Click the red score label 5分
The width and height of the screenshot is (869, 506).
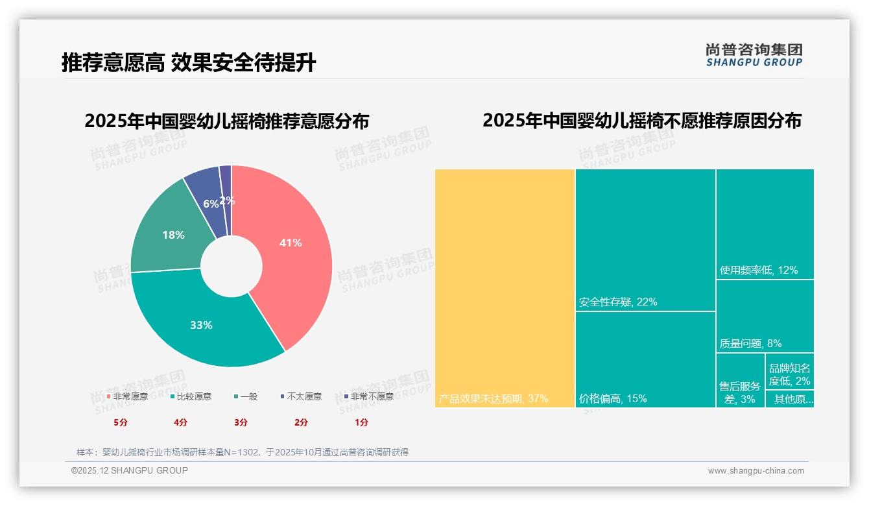[121, 422]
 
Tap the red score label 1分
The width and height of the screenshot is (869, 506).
[361, 422]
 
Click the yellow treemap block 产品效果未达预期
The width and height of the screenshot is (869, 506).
[505, 289]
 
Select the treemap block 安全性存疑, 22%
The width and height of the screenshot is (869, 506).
[645, 240]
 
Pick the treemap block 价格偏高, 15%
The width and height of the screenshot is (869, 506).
[645, 359]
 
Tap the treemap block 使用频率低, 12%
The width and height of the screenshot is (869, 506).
[765, 224]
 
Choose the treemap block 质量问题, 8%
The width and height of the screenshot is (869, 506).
[765, 316]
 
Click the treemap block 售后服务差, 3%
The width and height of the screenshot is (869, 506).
[740, 380]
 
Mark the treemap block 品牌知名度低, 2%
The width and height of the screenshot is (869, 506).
[789, 372]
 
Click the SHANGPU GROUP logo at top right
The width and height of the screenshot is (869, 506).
[754, 54]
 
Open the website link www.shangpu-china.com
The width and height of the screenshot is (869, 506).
[756, 471]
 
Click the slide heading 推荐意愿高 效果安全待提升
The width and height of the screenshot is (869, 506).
[189, 63]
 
